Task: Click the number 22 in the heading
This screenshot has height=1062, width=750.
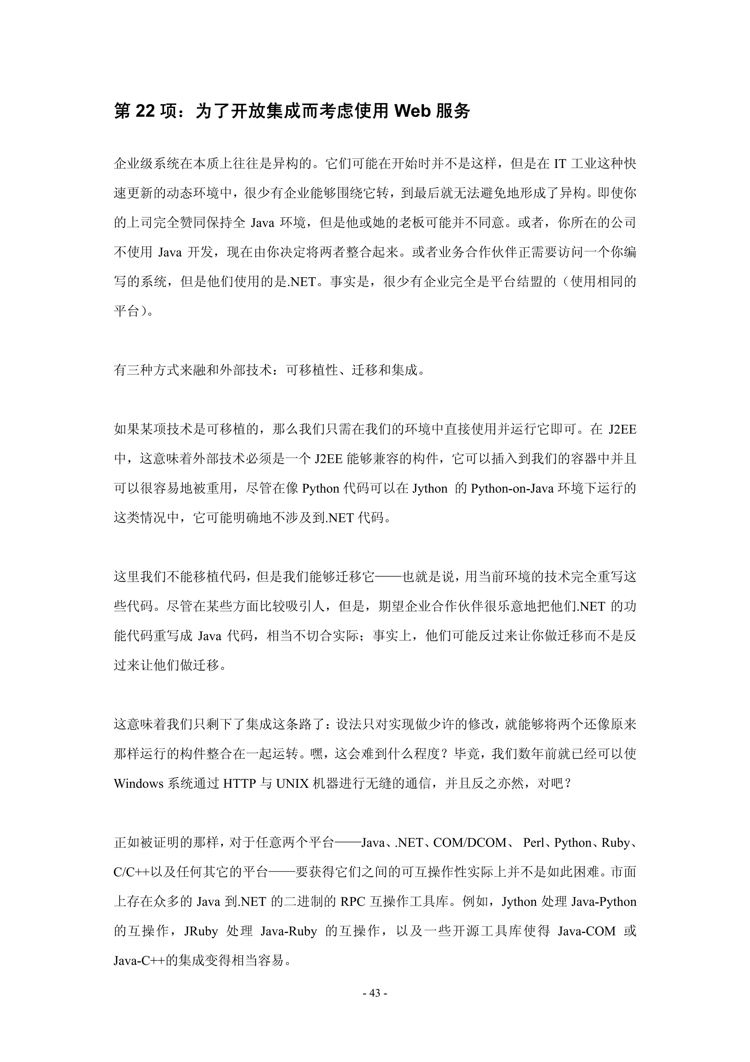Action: pyautogui.click(x=145, y=111)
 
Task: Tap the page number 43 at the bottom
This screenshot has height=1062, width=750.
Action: pyautogui.click(x=375, y=993)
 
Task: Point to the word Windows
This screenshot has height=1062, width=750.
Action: pyautogui.click(x=139, y=783)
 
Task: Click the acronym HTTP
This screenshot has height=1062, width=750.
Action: pyautogui.click(x=240, y=783)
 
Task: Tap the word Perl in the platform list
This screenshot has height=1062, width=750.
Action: pyautogui.click(x=534, y=843)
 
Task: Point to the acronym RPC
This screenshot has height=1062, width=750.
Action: pyautogui.click(x=353, y=901)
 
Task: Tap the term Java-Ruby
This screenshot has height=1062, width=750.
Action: pyautogui.click(x=289, y=931)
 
